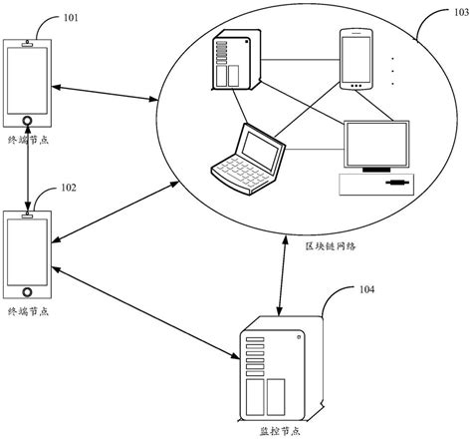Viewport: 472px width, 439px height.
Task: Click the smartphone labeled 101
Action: (28, 86)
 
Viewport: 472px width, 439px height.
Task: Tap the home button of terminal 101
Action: (28, 122)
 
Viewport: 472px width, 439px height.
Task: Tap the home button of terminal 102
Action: (28, 291)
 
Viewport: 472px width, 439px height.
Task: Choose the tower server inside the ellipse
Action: (232, 61)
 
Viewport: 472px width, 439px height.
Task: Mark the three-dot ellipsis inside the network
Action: (393, 71)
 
